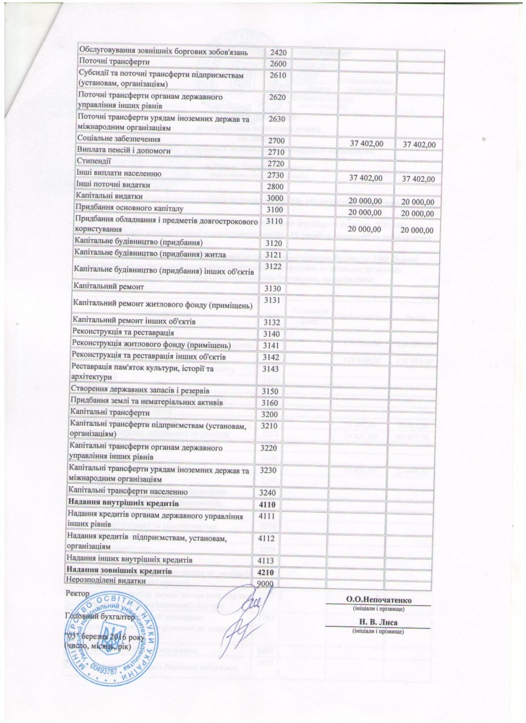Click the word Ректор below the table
coord(76,594)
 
